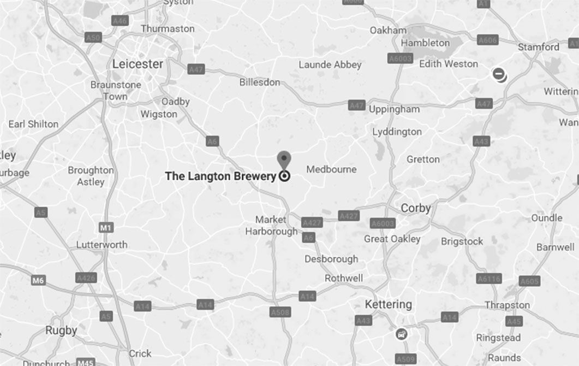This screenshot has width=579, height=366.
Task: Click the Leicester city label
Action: tap(138, 64)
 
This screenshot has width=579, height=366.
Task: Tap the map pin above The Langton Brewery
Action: tap(284, 160)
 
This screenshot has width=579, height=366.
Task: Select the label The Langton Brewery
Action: tap(220, 176)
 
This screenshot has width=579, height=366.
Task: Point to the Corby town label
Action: tap(416, 208)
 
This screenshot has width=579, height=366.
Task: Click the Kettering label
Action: tap(388, 304)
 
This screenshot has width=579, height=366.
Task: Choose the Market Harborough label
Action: tap(271, 225)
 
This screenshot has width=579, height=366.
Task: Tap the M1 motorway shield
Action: tap(106, 227)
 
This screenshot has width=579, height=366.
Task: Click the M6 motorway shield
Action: tap(38, 281)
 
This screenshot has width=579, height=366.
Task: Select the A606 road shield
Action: tap(487, 40)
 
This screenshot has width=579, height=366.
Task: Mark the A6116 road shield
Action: tap(488, 279)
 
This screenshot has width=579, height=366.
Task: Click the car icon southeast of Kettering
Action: tap(402, 334)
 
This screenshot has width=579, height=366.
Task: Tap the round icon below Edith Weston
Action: tap(499, 75)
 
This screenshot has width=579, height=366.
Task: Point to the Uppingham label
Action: tap(394, 109)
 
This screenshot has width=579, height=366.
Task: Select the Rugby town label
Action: tap(61, 330)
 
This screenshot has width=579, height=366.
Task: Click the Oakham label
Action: tap(388, 30)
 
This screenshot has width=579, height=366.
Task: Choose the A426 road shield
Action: tap(86, 278)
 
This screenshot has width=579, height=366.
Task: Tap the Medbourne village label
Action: tap(331, 169)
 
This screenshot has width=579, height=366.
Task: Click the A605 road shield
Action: tap(529, 281)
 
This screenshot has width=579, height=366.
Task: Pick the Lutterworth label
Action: tap(102, 245)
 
